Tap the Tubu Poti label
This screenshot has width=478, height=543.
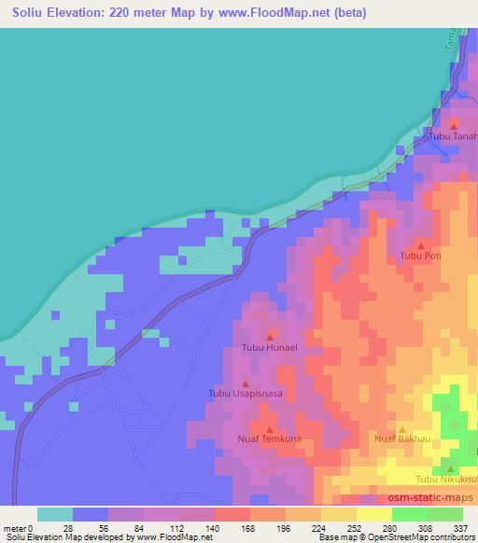pyautogui.click(x=419, y=256)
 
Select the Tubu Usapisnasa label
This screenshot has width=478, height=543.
pyautogui.click(x=245, y=394)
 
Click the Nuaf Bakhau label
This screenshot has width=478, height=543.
pyautogui.click(x=402, y=437)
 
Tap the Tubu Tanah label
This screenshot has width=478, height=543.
pyautogui.click(x=453, y=136)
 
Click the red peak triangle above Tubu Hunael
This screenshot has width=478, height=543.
pyautogui.click(x=271, y=336)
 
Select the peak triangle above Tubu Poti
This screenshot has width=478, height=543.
pyautogui.click(x=421, y=244)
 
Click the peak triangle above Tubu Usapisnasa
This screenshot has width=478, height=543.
pyautogui.click(x=246, y=382)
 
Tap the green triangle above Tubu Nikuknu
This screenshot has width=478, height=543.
pyautogui.click(x=451, y=468)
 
